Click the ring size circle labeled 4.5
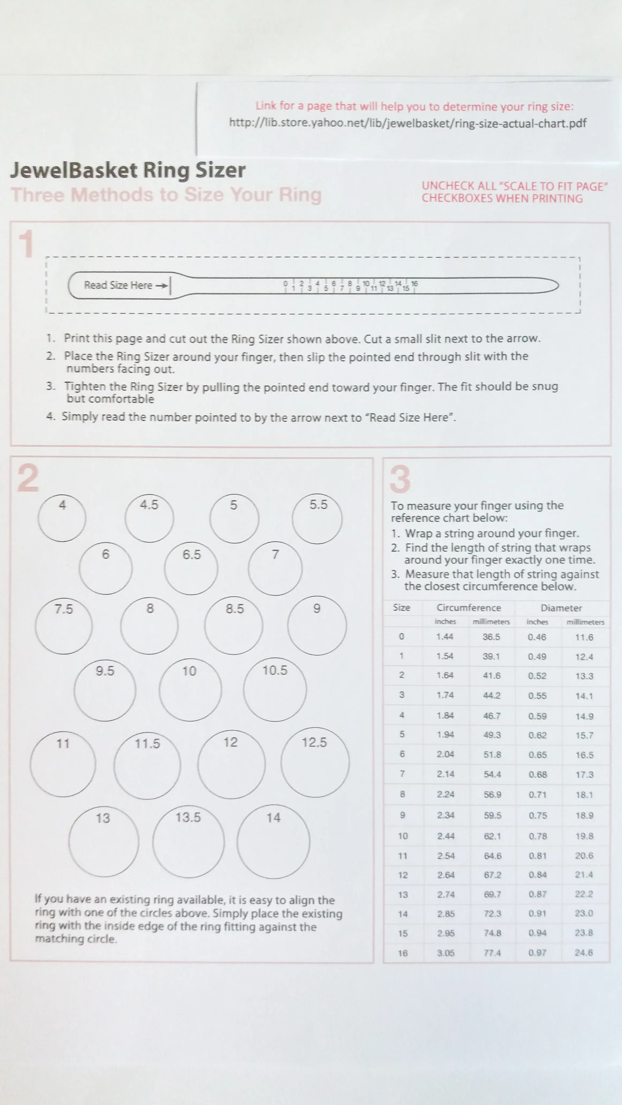coord(149,518)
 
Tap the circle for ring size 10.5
coord(275,689)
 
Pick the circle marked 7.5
coord(63,626)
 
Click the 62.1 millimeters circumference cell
coord(492,836)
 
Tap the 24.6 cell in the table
coord(584,952)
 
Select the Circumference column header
coord(469,607)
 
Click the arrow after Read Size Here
coord(162,286)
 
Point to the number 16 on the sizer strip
coord(414,283)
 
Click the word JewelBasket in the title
coord(74,170)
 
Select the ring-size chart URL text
coord(407,123)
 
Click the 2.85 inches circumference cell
coord(446,914)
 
